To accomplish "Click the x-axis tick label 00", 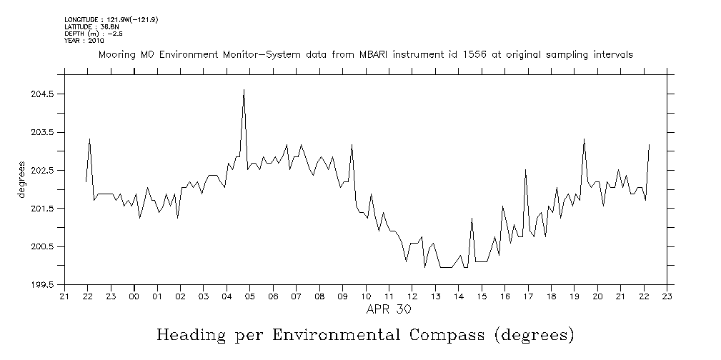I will [x=134, y=296].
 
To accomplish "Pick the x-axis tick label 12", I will [x=412, y=296].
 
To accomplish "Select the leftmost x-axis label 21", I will [x=64, y=296].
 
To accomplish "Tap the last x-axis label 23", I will [x=667, y=296].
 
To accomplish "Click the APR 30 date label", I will [x=387, y=309].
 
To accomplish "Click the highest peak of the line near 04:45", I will [x=244, y=90].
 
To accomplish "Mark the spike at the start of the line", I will [x=89, y=139].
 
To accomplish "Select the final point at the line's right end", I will [x=649, y=144].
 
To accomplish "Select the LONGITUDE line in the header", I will [x=111, y=19].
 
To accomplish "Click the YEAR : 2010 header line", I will [x=84, y=41].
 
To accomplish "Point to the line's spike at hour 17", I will [x=525, y=170].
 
